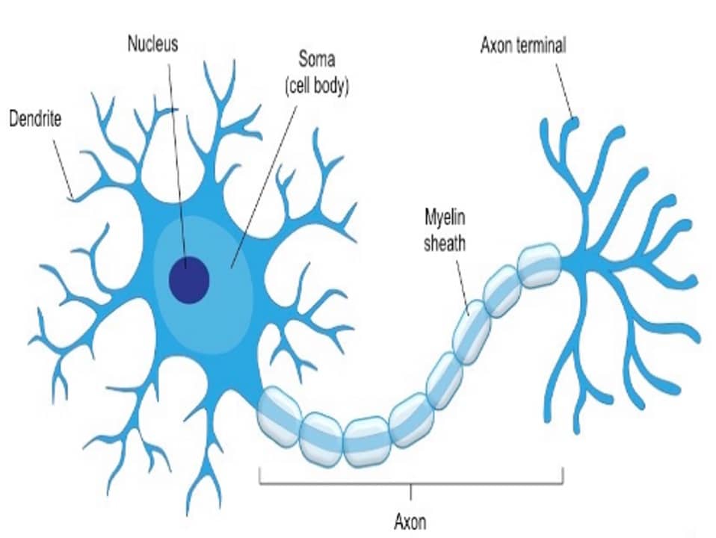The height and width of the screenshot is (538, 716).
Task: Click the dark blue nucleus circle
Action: click(x=188, y=279)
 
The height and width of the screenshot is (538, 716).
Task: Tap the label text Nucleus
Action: click(x=152, y=43)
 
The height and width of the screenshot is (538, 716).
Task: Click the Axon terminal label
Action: click(x=522, y=46)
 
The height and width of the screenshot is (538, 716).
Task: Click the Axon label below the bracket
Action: click(x=410, y=520)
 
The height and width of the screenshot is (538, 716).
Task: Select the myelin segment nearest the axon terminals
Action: click(x=540, y=266)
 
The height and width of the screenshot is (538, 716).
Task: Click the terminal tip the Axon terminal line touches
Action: click(x=573, y=119)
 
